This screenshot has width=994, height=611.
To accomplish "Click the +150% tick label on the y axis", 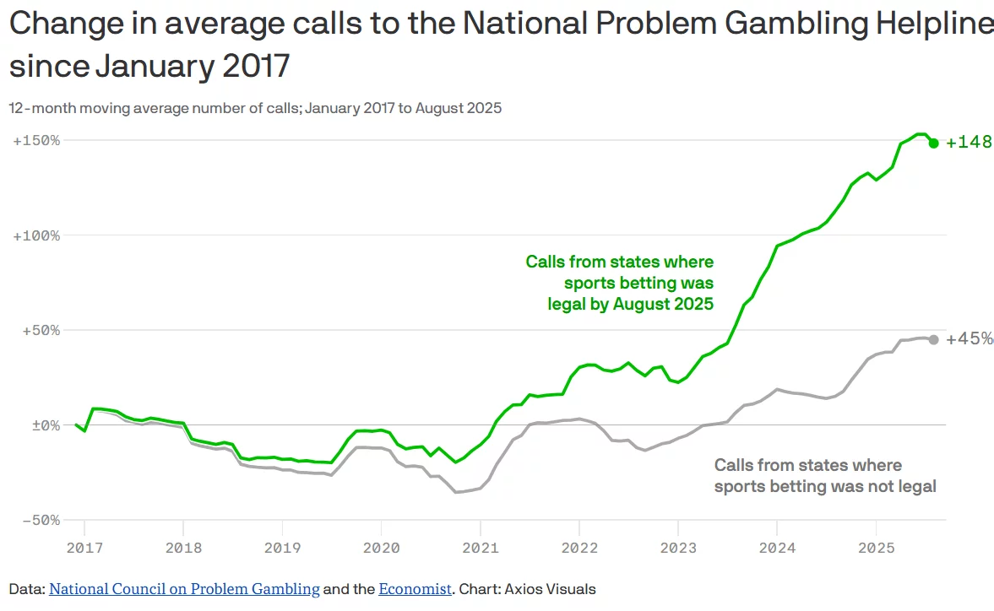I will coord(36,140).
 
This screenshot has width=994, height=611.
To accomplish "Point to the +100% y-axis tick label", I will coord(36,235).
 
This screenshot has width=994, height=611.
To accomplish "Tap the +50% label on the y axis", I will coord(40,330).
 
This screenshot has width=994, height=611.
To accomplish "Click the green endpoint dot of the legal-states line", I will coord(933,143).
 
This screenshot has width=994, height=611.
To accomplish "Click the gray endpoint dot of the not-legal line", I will coord(933,339).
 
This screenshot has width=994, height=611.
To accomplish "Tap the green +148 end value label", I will coord(969,143).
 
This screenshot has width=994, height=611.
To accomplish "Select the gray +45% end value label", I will coord(969,339).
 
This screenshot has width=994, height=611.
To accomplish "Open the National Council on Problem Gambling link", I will coord(184,589).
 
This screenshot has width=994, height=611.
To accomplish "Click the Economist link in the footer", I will coord(415,589).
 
